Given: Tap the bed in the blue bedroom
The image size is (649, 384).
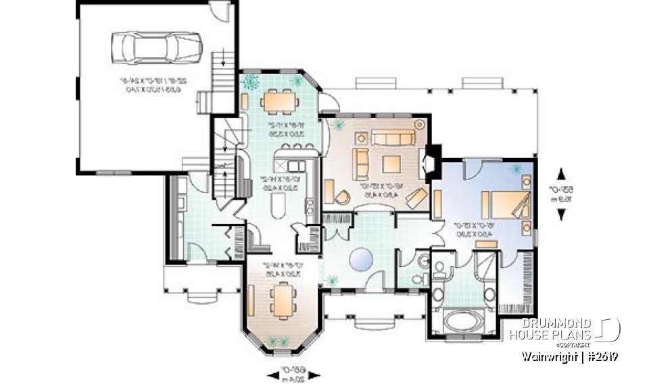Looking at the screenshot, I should (504, 204).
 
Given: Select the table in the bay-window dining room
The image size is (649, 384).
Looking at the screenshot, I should (281, 300).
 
